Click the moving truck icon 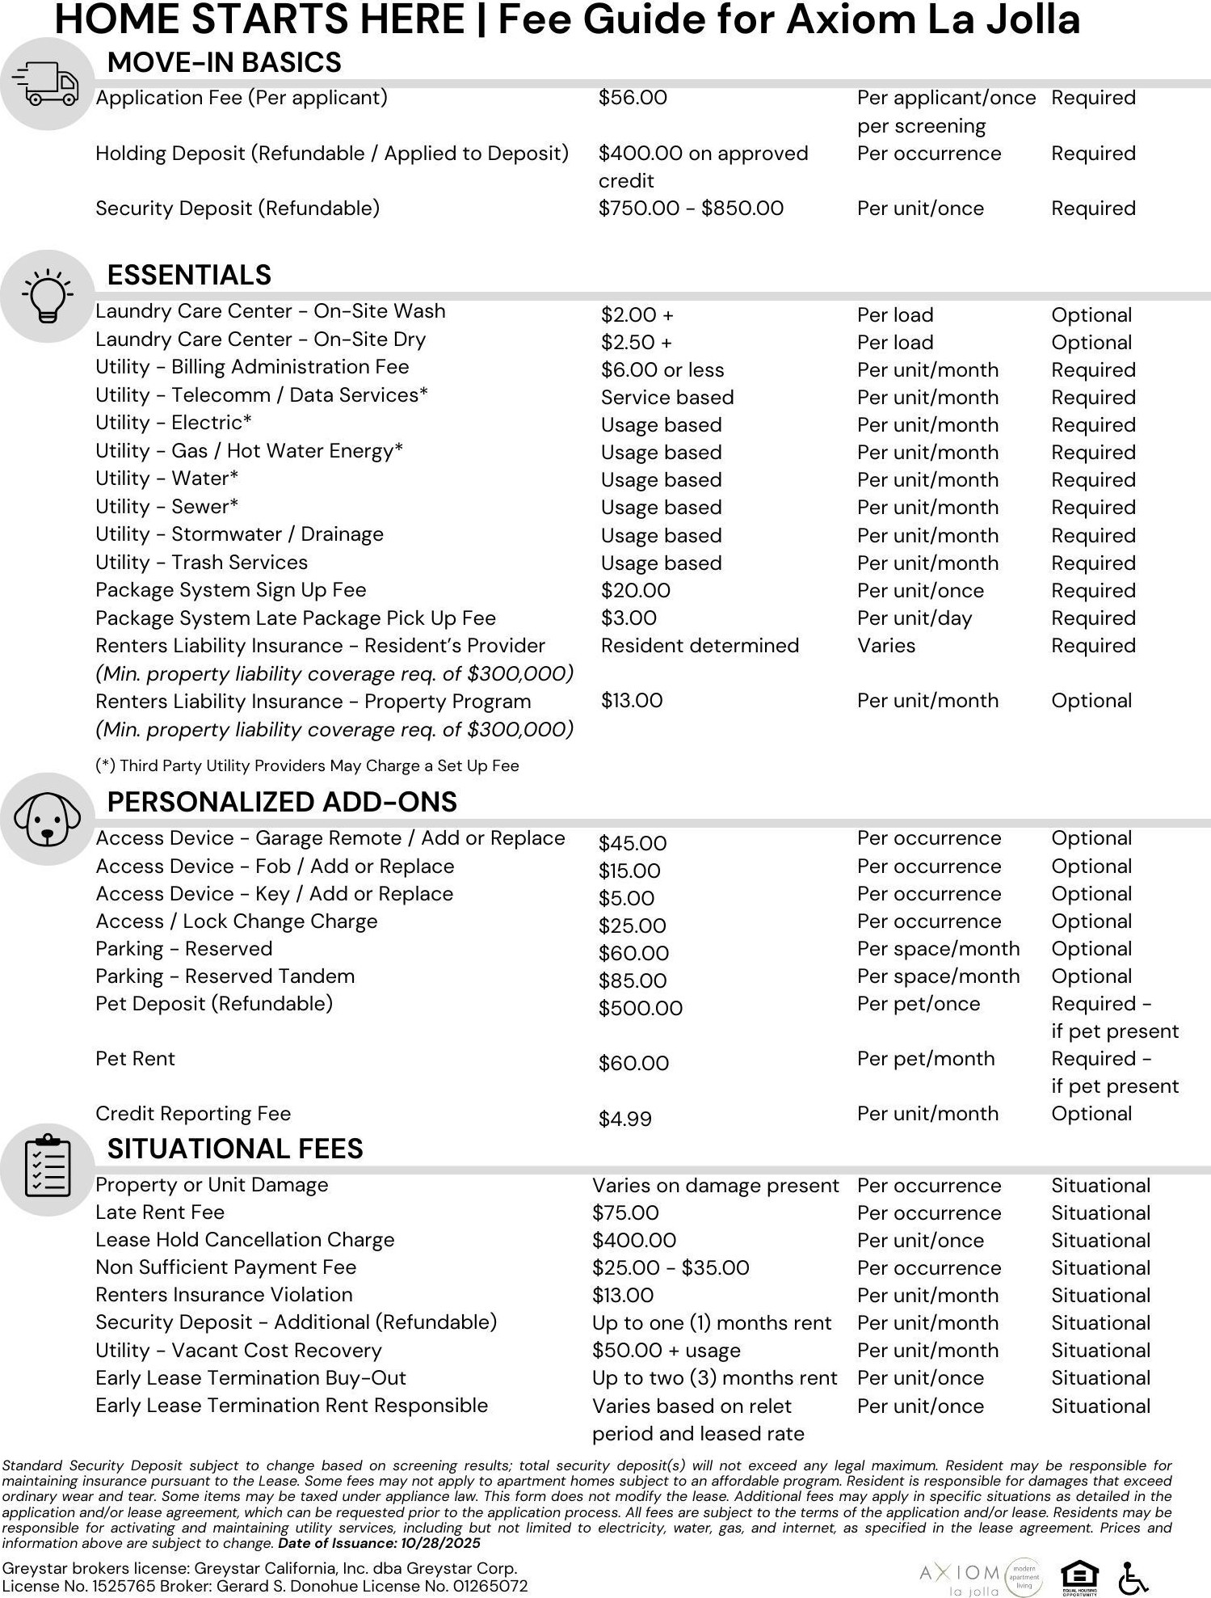click(47, 84)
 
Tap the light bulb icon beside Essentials click(47, 295)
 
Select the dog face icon click(47, 819)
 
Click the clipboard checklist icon click(47, 1169)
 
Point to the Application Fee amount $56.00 click(633, 98)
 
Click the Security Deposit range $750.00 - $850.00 click(691, 209)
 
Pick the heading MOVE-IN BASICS click(224, 62)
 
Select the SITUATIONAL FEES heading click(235, 1149)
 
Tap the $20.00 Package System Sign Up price click(636, 591)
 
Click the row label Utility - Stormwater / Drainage click(239, 534)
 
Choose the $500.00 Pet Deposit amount click(641, 1008)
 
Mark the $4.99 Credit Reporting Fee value click(625, 1119)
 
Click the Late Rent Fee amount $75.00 click(625, 1212)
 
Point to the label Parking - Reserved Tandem click(225, 976)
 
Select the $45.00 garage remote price click(633, 843)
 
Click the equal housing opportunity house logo click(1080, 1576)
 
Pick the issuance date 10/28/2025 click(441, 1543)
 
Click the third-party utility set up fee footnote click(307, 765)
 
